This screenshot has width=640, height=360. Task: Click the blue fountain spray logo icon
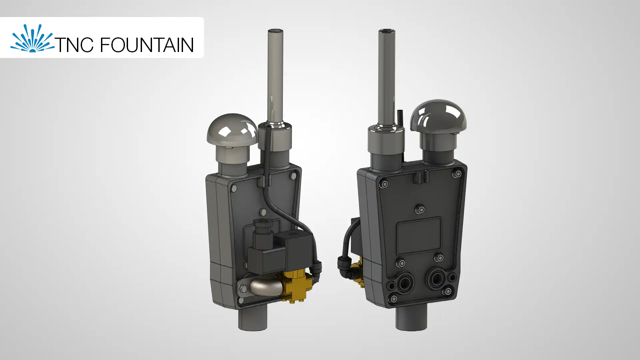point(32,39)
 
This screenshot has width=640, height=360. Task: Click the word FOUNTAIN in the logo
point(147,45)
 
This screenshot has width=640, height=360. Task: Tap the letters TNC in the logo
point(74,45)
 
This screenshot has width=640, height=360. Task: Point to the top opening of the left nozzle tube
point(275,31)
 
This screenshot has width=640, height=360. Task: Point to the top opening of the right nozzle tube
point(387,31)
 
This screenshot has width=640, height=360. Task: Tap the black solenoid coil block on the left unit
point(267,260)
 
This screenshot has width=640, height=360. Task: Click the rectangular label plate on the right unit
point(419,235)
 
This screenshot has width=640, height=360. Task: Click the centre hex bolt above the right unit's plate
point(421,209)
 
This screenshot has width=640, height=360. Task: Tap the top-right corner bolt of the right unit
point(458,174)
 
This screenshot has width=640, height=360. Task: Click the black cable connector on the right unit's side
point(343,265)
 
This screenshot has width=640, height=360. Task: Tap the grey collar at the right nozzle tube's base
point(386,140)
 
